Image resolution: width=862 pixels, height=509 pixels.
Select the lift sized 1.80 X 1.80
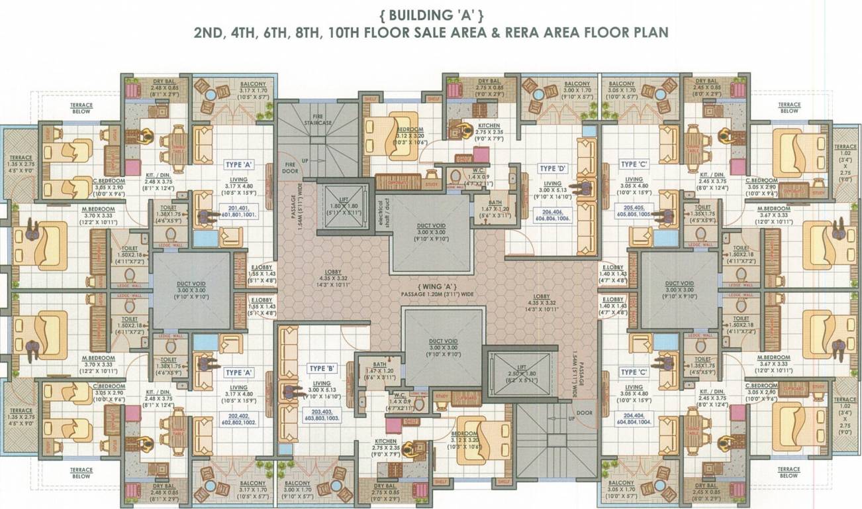click(341, 207)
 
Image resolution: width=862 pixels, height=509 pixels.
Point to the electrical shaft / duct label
click(380, 213)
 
